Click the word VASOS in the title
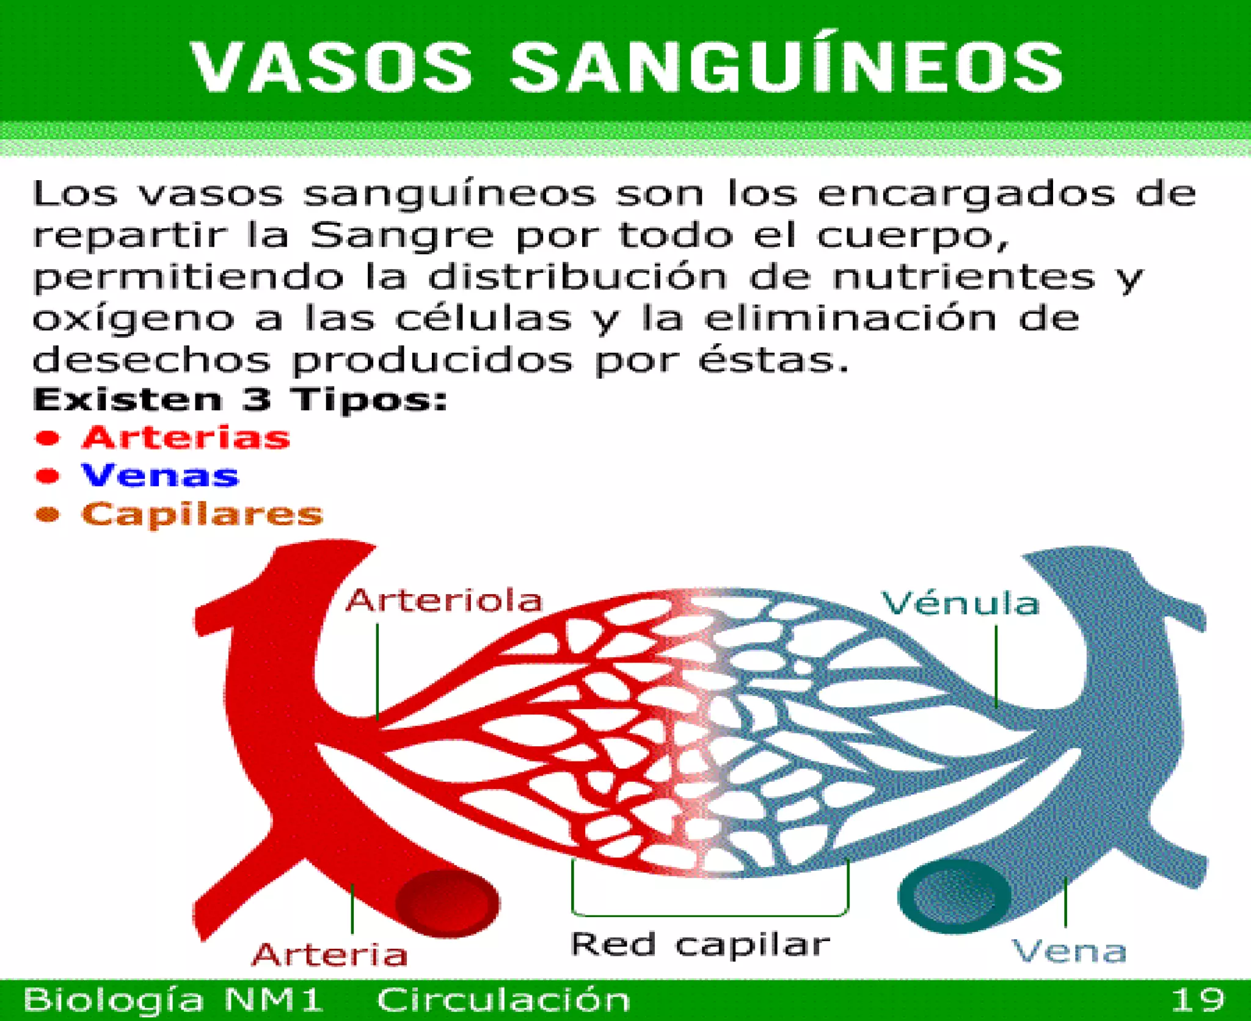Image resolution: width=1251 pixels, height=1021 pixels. [332, 67]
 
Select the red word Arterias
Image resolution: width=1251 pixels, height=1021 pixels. [186, 438]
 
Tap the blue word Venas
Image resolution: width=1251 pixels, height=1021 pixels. [160, 476]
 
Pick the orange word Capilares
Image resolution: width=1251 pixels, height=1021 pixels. [202, 514]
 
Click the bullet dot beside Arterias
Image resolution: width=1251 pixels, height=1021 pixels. [48, 438]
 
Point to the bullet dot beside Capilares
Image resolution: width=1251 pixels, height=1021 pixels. [48, 515]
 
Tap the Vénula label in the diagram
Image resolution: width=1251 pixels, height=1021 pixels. [960, 603]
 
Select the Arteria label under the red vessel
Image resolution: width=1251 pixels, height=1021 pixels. [329, 954]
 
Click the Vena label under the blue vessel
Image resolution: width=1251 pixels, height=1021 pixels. [1069, 951]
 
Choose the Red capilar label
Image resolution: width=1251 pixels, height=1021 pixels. [700, 944]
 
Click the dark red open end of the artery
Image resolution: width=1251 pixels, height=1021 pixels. [447, 903]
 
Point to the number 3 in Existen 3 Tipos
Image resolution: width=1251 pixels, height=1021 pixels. [256, 400]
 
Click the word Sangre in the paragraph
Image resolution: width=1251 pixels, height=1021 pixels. [401, 236]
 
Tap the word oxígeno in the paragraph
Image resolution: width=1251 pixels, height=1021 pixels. [133, 319]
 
